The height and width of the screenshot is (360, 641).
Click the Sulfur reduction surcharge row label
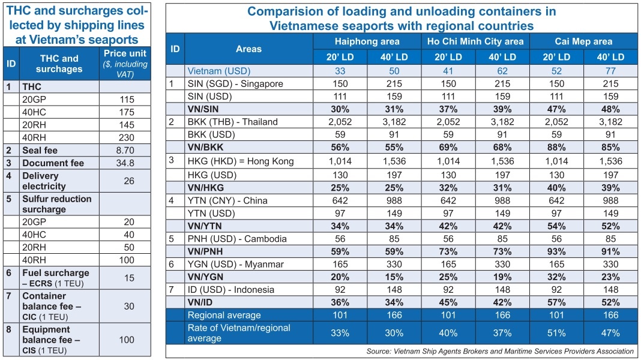[x=56, y=204]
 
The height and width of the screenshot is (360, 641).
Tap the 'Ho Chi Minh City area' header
[x=475, y=41]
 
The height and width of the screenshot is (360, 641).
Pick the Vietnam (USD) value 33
[x=340, y=71]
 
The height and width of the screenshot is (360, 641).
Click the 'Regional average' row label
[x=224, y=315]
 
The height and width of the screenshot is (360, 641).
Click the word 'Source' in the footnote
[x=378, y=351]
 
